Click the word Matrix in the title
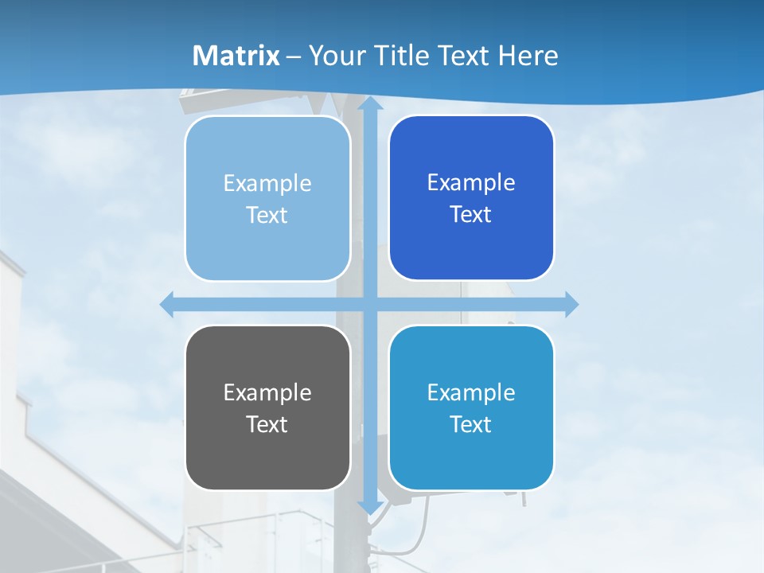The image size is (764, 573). [x=236, y=56]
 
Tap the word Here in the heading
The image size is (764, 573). [x=528, y=56]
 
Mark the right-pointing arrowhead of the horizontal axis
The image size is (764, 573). [x=570, y=304]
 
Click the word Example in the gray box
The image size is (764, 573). [x=267, y=392]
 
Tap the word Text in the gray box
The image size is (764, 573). [x=267, y=424]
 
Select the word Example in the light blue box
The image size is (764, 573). [x=267, y=183]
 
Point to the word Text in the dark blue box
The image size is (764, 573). [x=471, y=215]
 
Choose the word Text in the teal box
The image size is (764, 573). [x=471, y=424]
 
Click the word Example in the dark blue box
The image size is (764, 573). [x=471, y=183]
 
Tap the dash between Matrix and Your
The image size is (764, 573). [x=294, y=57]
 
